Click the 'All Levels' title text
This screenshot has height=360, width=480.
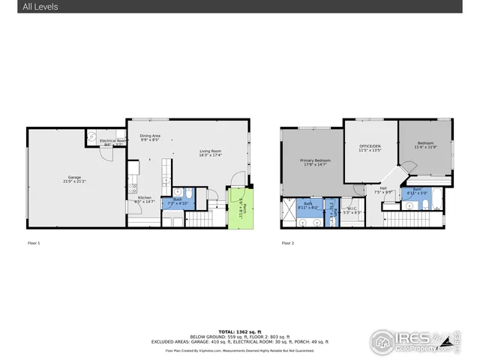coord(40,7)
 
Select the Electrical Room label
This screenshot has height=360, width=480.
coord(112,142)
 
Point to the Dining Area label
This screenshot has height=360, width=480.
coord(150,137)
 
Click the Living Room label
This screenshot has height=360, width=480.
coord(210,153)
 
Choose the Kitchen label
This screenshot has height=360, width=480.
coord(143,199)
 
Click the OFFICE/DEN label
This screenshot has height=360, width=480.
coord(370,148)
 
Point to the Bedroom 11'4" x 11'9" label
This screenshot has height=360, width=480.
coord(424,145)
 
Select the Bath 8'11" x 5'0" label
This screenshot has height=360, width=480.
coord(417,191)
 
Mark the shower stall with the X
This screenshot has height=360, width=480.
coord(288,212)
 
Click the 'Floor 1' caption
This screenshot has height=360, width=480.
coord(33,243)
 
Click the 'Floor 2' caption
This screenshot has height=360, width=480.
coord(287,243)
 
